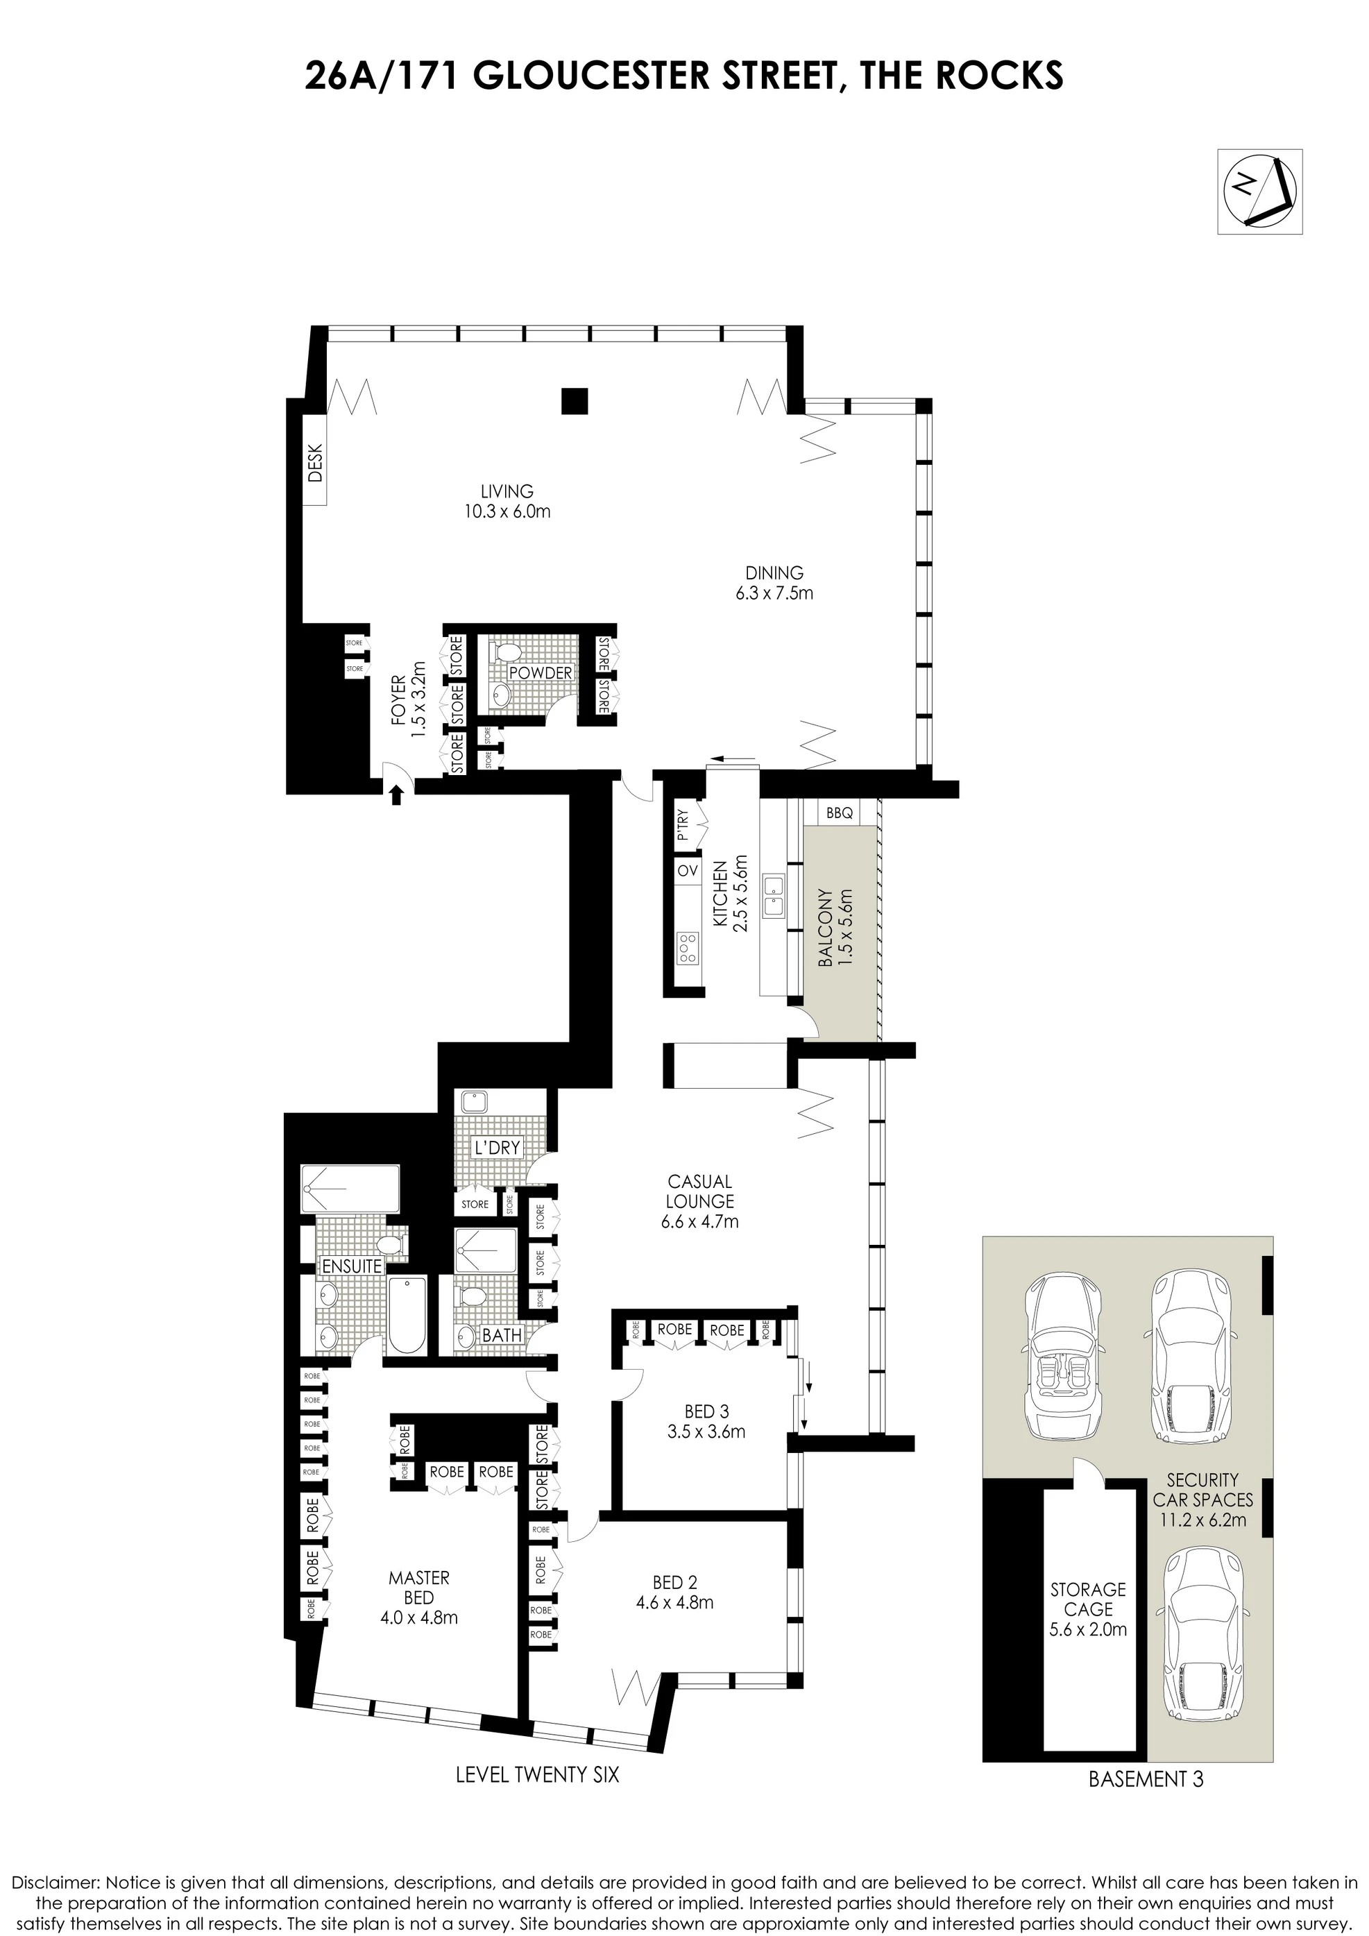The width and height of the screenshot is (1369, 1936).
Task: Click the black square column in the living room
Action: click(x=575, y=400)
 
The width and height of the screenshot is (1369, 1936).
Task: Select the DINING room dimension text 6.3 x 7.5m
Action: click(x=774, y=593)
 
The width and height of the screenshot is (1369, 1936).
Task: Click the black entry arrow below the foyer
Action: click(x=397, y=793)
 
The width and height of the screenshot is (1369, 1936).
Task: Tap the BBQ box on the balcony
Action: click(x=840, y=813)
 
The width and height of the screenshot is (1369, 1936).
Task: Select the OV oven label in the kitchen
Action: click(x=687, y=870)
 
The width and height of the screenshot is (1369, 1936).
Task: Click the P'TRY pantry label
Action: click(x=683, y=826)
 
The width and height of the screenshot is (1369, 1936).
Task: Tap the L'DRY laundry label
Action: click(x=498, y=1148)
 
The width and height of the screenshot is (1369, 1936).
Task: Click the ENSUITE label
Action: click(x=352, y=1266)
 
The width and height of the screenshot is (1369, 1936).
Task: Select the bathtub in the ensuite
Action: click(x=407, y=1316)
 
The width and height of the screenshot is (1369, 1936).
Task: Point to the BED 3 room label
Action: click(x=706, y=1411)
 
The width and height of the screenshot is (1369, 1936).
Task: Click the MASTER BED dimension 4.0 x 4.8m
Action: click(x=419, y=1618)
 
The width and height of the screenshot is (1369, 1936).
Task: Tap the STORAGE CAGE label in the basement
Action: click(x=1087, y=1599)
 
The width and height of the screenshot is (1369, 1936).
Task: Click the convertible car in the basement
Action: click(x=1060, y=1359)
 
